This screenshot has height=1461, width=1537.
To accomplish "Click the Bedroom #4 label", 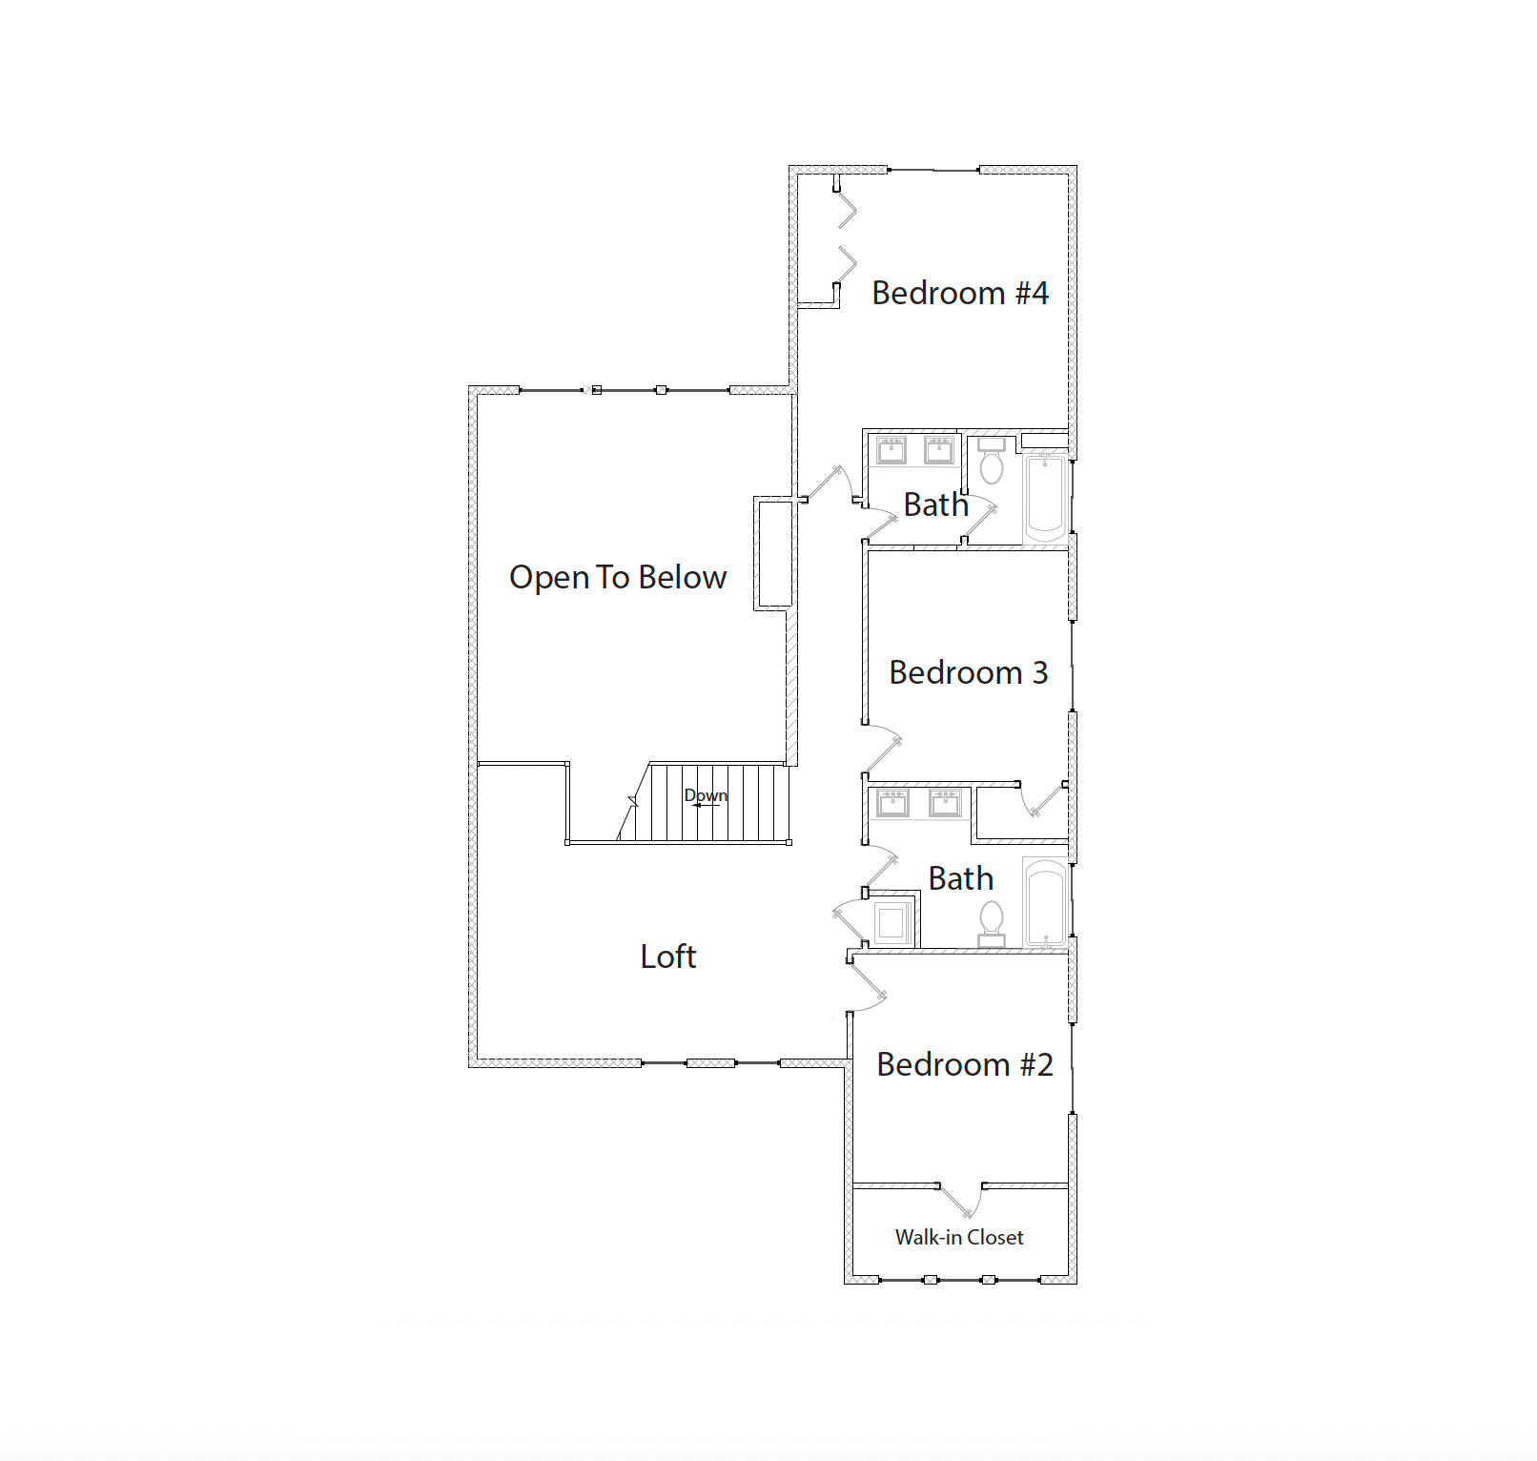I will pos(959,293).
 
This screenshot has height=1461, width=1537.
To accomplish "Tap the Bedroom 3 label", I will pos(968,672).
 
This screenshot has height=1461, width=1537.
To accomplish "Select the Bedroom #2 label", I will pos(964,1064).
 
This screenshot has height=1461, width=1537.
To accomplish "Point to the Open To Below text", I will pos(618,577).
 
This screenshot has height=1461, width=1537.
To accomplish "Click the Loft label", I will pos(667,957).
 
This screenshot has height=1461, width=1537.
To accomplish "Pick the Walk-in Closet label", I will pos(958,1237).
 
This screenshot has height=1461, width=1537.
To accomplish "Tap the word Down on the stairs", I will pos(706,794).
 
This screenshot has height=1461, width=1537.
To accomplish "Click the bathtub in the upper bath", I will pos(1046,496).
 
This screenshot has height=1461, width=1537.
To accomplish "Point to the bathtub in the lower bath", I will pos(1046,901).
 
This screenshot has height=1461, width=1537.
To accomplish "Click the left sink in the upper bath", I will pos(891,449).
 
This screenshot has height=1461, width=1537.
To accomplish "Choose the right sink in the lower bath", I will pos(945,803).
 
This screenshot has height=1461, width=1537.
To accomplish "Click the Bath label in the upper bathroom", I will pos(935,504).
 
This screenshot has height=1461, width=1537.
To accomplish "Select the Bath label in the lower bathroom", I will pos(960,878).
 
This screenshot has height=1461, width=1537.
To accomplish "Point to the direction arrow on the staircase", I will pos(706,806).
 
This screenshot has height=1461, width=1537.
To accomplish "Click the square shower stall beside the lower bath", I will pos(891,922).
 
